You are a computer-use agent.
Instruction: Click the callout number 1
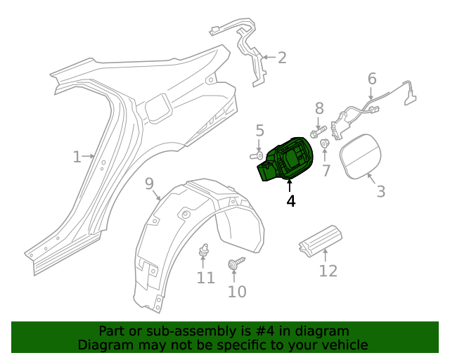tap(77, 157)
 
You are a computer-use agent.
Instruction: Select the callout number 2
tap(282, 58)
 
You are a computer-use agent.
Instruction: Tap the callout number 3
tap(380, 191)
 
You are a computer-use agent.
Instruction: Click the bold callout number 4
tap(290, 200)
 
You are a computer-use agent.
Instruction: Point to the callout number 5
tap(259, 130)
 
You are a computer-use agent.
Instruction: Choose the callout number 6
tap(372, 79)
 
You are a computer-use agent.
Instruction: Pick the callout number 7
tap(326, 170)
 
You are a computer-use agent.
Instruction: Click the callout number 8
tap(319, 108)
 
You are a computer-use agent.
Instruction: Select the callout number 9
tap(149, 184)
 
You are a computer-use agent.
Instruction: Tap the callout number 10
tap(237, 291)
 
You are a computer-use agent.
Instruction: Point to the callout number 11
tap(205, 278)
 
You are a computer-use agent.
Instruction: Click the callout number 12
tap(328, 271)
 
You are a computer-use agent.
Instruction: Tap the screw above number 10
tap(233, 264)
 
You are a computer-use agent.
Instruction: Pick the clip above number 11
tap(205, 250)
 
